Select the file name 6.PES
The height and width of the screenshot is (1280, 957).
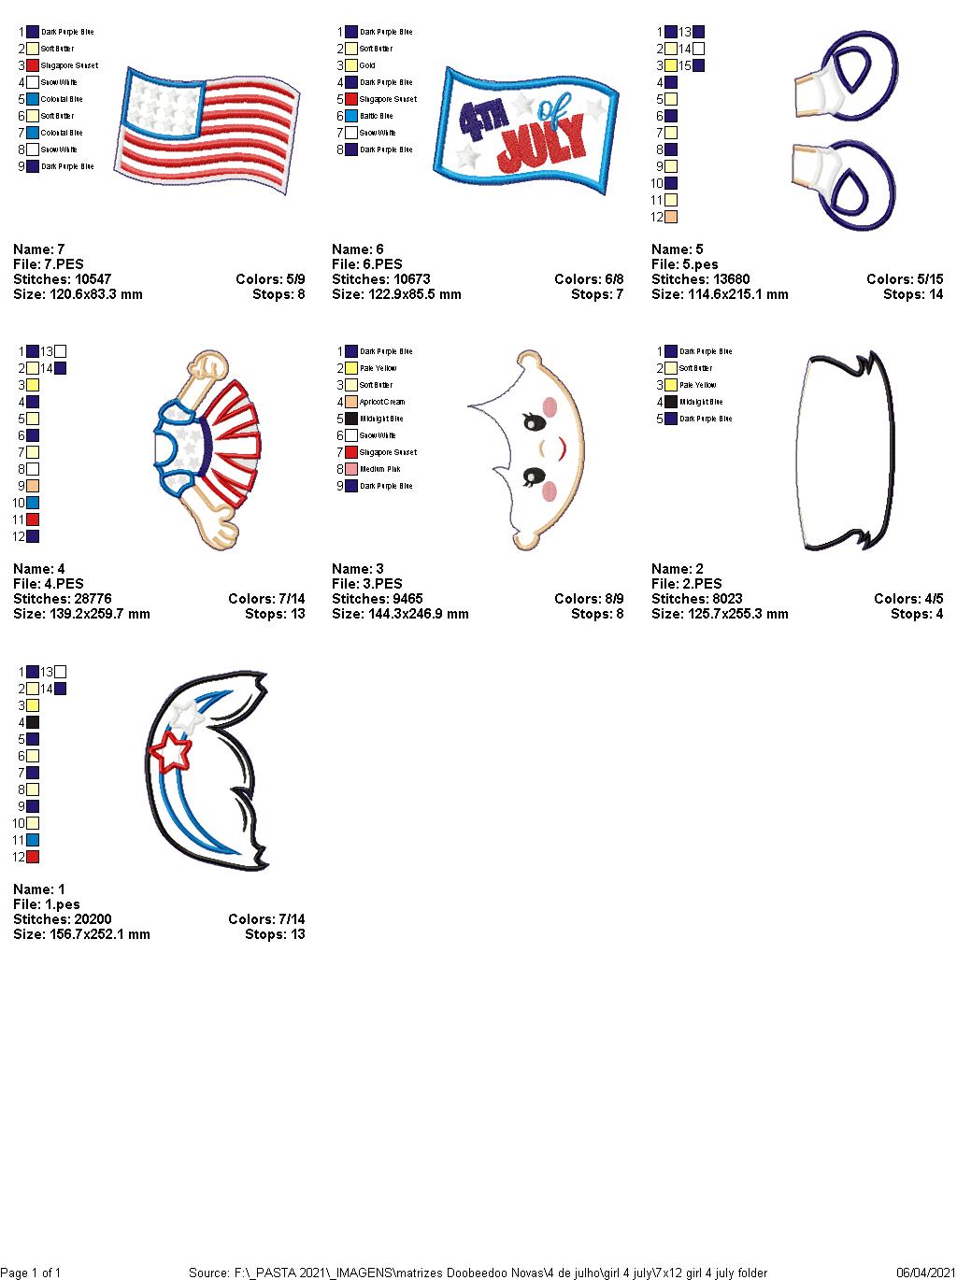coord(383,264)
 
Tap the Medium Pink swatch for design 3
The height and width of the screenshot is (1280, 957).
coord(351,469)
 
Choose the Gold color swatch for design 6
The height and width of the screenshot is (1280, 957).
coord(351,65)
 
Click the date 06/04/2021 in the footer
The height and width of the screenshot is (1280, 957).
coord(924,1273)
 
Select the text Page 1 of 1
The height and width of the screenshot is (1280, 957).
coord(31,1273)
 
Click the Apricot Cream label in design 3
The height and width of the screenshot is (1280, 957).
coord(382,402)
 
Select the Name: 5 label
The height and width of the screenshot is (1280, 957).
coord(678,249)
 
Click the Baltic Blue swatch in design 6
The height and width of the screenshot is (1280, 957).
coord(351,116)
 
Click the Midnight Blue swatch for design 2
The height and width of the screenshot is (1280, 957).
coord(671,402)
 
